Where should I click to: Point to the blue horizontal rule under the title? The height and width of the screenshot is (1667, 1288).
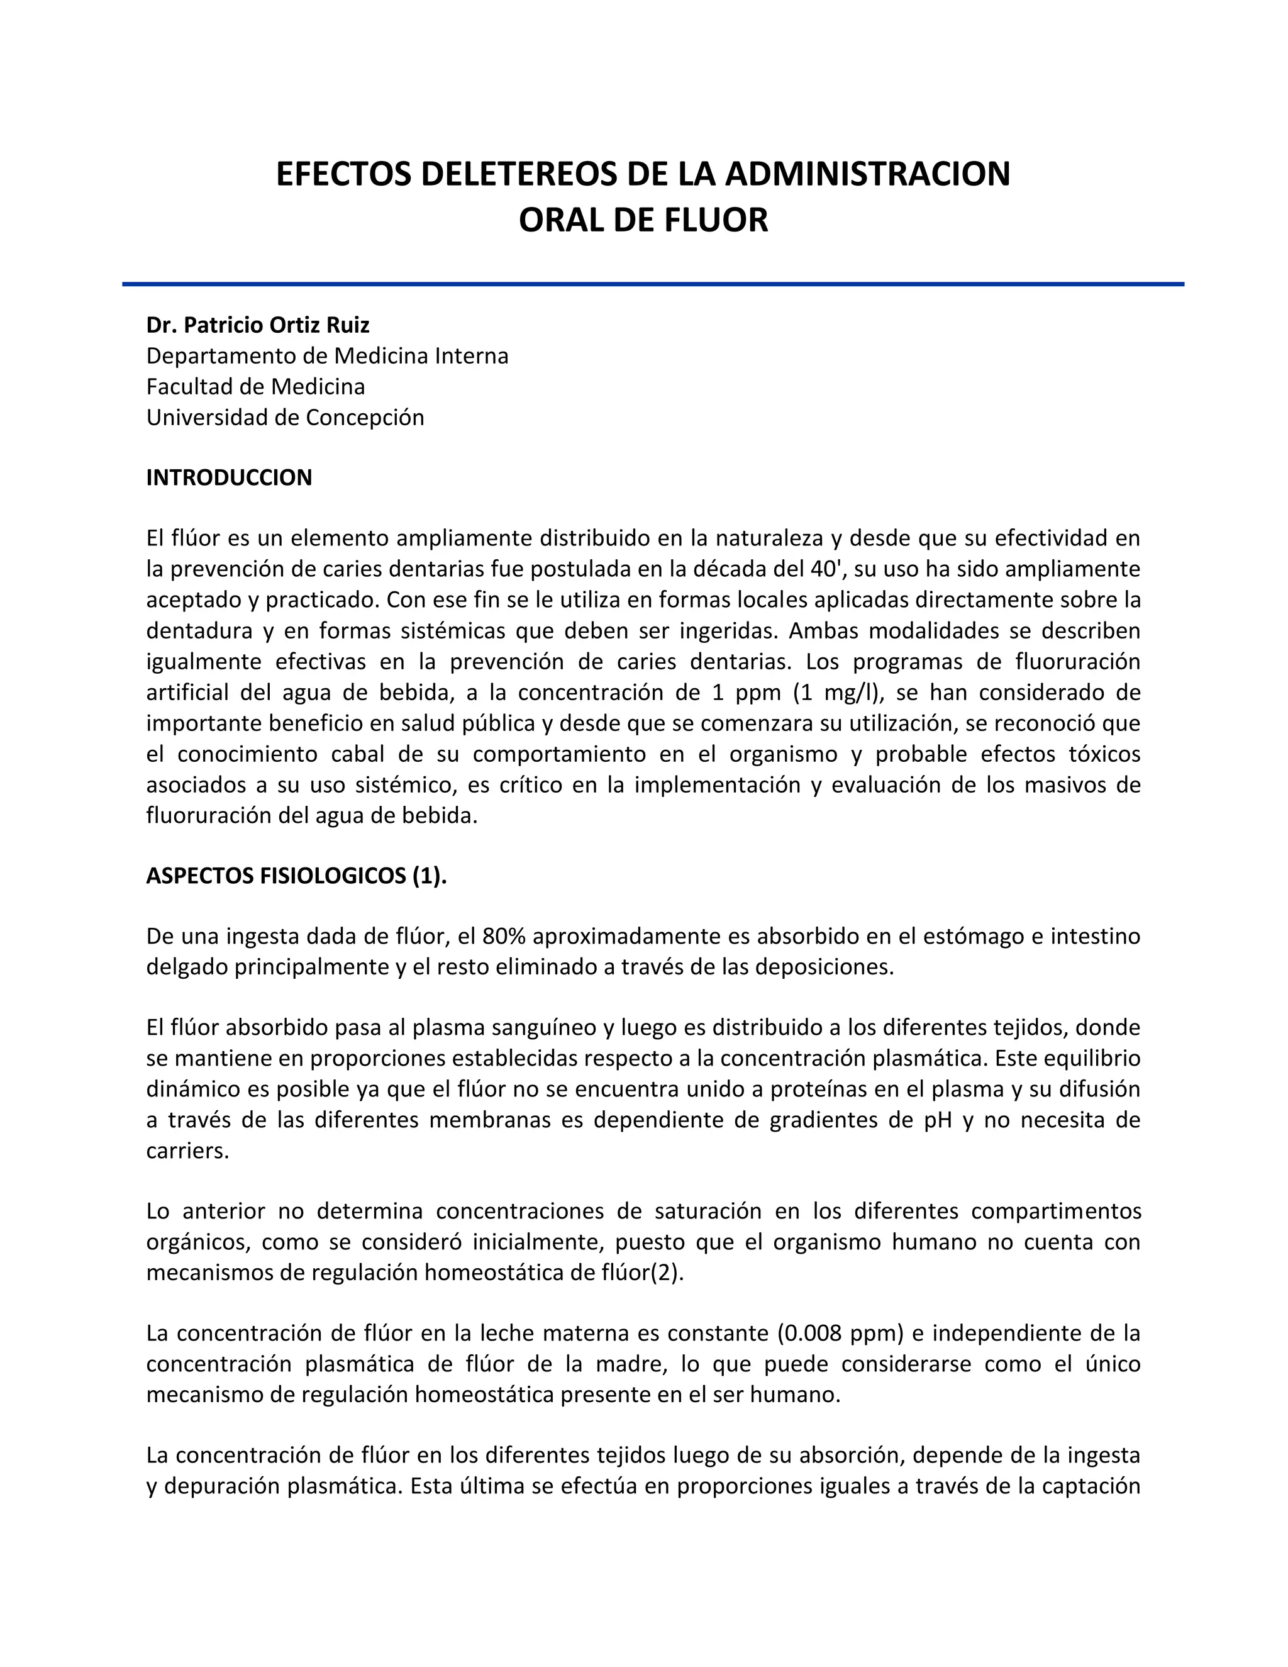(x=652, y=284)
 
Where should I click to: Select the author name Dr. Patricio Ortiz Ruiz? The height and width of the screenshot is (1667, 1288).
(x=258, y=325)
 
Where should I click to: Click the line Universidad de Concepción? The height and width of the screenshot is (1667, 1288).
(x=285, y=418)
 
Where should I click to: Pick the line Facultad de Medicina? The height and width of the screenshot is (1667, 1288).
(x=255, y=387)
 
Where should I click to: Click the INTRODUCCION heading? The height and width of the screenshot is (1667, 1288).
(x=229, y=478)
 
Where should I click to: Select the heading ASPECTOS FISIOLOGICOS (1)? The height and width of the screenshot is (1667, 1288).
(x=296, y=876)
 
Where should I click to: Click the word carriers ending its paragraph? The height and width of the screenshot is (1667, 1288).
(x=187, y=1151)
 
